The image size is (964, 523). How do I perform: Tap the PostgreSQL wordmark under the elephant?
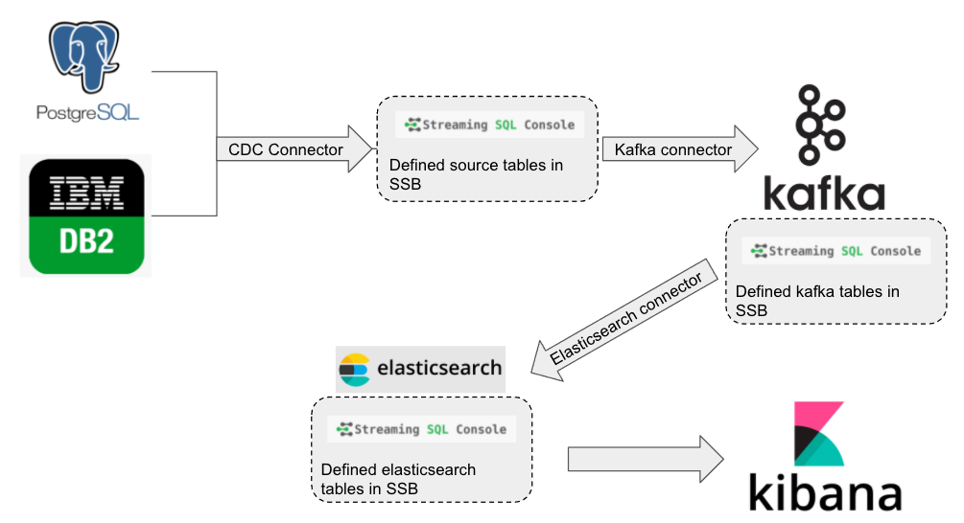[87, 112]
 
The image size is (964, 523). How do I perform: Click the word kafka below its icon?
[823, 193]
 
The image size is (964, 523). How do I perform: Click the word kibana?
[825, 493]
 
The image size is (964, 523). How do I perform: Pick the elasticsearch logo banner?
[420, 368]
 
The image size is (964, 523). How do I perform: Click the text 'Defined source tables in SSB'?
[476, 173]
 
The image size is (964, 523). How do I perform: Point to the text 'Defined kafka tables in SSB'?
[816, 300]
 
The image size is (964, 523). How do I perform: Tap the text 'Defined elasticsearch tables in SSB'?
[398, 479]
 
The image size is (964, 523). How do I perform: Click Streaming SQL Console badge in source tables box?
[489, 125]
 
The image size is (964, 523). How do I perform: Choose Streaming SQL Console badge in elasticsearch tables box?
[421, 429]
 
